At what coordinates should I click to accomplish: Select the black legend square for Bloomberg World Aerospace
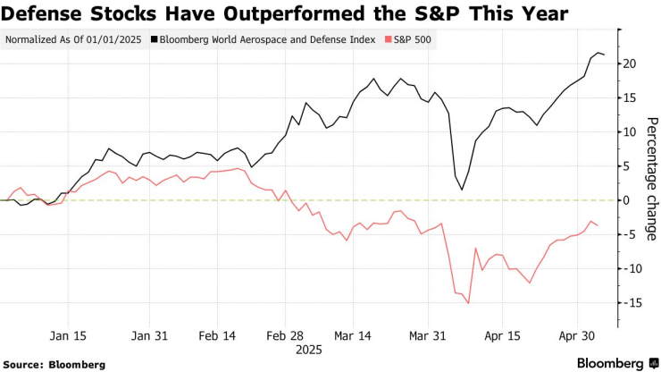point(155,40)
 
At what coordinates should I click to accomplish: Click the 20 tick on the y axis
point(630,63)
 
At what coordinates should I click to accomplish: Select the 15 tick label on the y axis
point(630,97)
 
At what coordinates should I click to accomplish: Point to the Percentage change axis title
point(649,171)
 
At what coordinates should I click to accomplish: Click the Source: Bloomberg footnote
point(55,364)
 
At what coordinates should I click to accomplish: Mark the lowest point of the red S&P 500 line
point(468,303)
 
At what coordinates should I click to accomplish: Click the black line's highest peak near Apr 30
point(598,53)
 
